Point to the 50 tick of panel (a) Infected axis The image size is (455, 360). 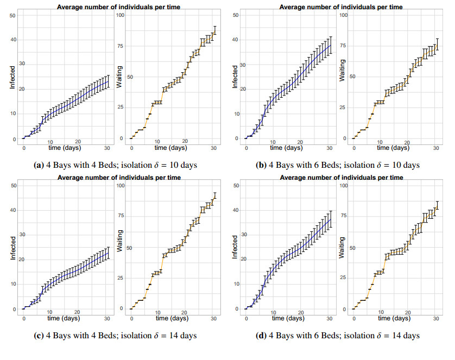point(13,15)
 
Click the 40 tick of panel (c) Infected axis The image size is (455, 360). point(13,210)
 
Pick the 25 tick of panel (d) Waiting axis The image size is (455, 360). point(343,278)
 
